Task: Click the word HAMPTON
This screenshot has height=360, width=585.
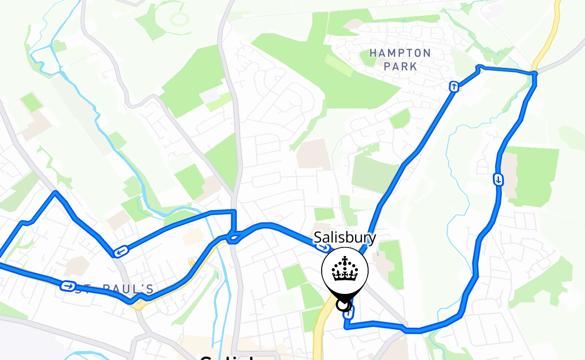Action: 400,53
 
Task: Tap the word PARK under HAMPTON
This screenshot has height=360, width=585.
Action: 400,67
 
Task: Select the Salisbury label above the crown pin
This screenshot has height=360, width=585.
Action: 345,237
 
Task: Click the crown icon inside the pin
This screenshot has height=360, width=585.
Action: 345,270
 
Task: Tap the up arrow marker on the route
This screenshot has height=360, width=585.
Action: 454,86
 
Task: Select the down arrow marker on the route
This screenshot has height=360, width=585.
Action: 498,180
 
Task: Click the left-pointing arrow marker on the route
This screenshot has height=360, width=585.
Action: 120,251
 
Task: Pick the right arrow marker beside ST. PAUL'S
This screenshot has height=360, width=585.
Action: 68,286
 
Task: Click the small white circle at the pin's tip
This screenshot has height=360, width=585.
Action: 343,306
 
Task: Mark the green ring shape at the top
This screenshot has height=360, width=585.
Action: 179,19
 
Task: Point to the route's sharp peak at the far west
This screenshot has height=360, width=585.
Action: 55,193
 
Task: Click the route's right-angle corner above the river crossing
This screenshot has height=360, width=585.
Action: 234,211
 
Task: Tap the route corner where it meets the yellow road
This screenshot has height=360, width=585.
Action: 533,73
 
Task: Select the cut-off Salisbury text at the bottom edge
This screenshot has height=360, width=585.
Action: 225,357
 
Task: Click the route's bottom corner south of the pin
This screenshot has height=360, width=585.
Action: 346,327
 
